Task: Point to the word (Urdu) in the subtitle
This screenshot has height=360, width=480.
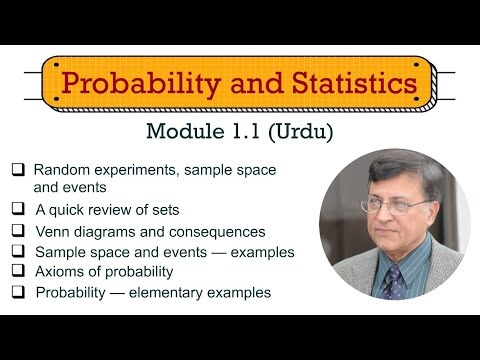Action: [x=301, y=131]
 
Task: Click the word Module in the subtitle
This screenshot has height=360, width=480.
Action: [x=187, y=131]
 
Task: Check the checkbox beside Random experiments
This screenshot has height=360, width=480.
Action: [x=18, y=170]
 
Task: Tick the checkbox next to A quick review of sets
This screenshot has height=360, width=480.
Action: [x=18, y=210]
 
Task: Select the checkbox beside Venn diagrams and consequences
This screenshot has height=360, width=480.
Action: [x=18, y=231]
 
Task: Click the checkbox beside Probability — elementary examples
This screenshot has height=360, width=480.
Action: [x=18, y=292]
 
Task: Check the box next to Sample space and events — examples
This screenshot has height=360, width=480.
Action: [x=18, y=252]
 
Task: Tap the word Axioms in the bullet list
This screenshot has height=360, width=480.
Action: [x=58, y=272]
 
